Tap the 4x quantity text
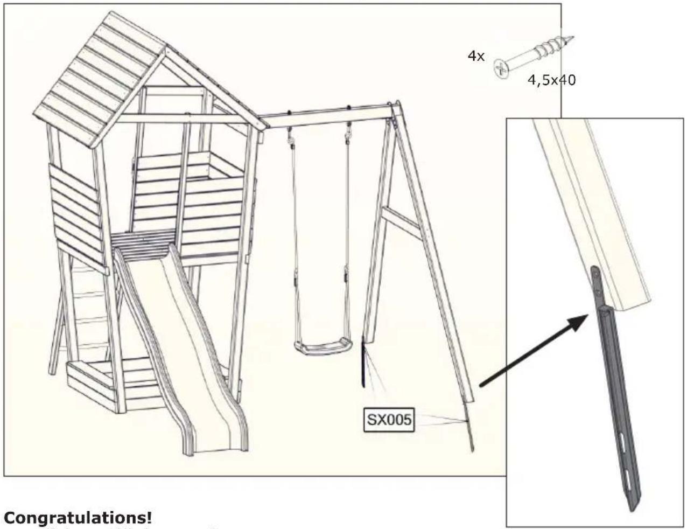476,56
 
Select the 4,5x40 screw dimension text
551,81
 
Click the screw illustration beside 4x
532,56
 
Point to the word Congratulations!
78,518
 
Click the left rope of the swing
293,226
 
